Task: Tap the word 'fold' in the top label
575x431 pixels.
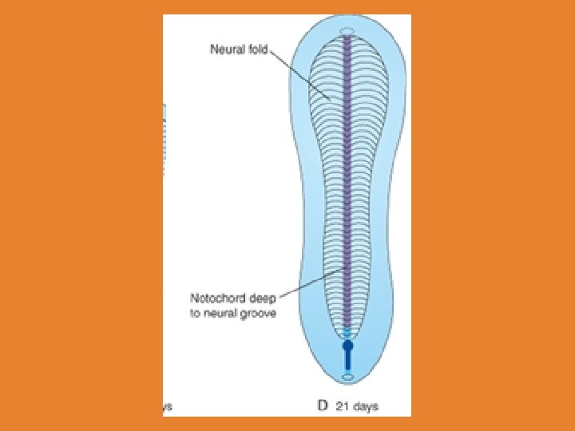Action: click(257, 49)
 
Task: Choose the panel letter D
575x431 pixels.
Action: click(323, 405)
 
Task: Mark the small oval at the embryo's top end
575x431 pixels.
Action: click(347, 32)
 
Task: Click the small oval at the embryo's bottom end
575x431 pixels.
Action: click(347, 377)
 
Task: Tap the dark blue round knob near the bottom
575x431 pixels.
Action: click(347, 347)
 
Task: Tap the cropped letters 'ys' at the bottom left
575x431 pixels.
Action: click(167, 406)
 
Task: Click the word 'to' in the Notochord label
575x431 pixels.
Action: click(195, 314)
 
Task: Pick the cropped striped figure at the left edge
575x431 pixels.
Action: click(165, 140)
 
